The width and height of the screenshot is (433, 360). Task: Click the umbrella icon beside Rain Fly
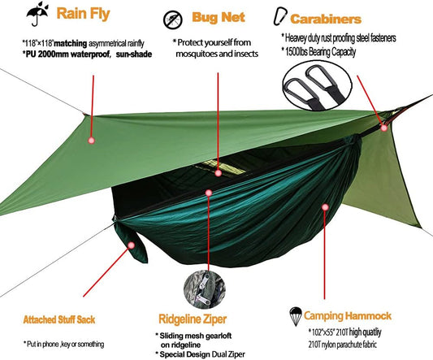pyautogui.click(x=37, y=15)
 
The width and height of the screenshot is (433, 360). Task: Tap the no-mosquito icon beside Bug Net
pyautogui.click(x=172, y=20)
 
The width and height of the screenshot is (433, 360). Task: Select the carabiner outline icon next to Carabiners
pyautogui.click(x=280, y=16)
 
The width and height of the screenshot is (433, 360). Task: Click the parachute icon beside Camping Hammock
pyautogui.click(x=295, y=316)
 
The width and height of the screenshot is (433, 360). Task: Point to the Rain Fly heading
pyautogui.click(x=83, y=14)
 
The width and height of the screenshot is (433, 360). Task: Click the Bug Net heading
pyautogui.click(x=219, y=17)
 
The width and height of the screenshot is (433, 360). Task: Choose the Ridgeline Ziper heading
pyautogui.click(x=193, y=319)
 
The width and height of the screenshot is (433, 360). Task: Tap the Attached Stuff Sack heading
pyautogui.click(x=59, y=319)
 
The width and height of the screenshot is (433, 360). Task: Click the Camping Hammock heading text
pyautogui.click(x=348, y=315)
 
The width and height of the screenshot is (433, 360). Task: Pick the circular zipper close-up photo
pyautogui.click(x=205, y=289)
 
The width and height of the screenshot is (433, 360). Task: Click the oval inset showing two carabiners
pyautogui.click(x=317, y=86)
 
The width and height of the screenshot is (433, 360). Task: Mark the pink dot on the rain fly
pyautogui.click(x=92, y=141)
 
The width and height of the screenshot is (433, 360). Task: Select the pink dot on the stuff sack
pyautogui.click(x=132, y=245)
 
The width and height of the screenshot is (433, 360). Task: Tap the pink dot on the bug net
pyautogui.click(x=219, y=173)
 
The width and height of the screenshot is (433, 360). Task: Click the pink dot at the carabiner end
pyautogui.click(x=383, y=128)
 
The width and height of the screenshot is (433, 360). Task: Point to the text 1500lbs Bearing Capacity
pyautogui.click(x=320, y=52)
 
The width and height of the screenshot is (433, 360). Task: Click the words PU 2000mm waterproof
pyautogui.click(x=68, y=54)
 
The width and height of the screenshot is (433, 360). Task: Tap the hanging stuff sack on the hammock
pyautogui.click(x=131, y=241)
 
